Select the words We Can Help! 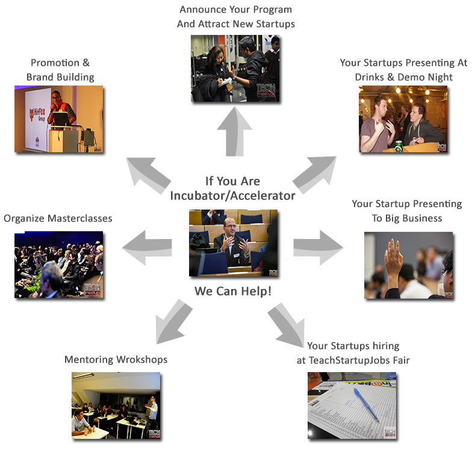pyautogui.click(x=232, y=291)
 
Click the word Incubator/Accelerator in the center pyautogui.click(x=232, y=196)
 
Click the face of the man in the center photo pyautogui.click(x=229, y=226)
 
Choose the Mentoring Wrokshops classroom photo pyautogui.click(x=116, y=405)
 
